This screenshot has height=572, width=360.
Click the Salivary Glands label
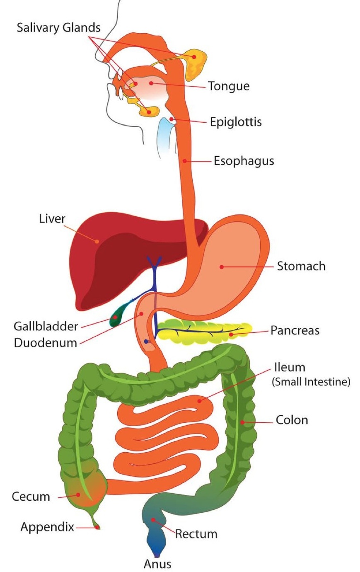[58, 28]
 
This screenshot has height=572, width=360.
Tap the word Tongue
[229, 86]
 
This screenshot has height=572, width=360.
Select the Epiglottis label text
[236, 122]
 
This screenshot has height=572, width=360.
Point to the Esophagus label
[244, 161]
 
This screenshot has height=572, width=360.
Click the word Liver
[52, 218]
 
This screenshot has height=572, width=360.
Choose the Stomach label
[301, 266]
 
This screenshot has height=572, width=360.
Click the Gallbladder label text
[46, 326]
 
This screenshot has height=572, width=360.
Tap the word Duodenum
[46, 343]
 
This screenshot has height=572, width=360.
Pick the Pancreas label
[295, 330]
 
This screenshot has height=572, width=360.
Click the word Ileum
[290, 368]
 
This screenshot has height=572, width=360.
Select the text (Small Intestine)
[311, 382]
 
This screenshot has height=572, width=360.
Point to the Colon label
[292, 420]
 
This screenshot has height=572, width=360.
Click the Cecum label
[31, 497]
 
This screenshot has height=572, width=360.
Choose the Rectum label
[196, 534]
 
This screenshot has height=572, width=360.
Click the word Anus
[157, 564]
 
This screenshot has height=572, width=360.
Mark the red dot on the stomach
[222, 267]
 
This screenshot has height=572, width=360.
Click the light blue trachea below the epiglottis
[166, 137]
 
